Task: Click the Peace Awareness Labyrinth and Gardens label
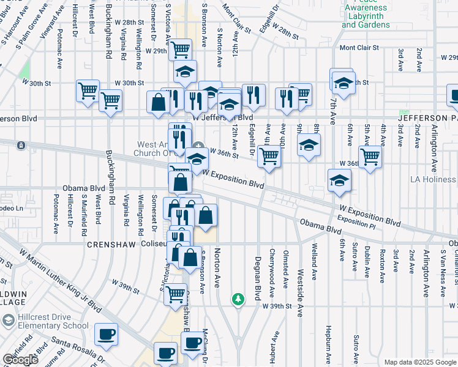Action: pyautogui.click(x=366, y=16)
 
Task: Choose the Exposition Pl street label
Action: pyautogui.click(x=356, y=223)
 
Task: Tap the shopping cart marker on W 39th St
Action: pyautogui.click(x=176, y=294)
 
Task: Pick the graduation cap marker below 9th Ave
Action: pyautogui.click(x=309, y=145)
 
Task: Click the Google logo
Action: pyautogui.click(x=20, y=360)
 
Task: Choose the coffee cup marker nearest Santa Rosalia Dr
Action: pyautogui.click(x=107, y=334)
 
